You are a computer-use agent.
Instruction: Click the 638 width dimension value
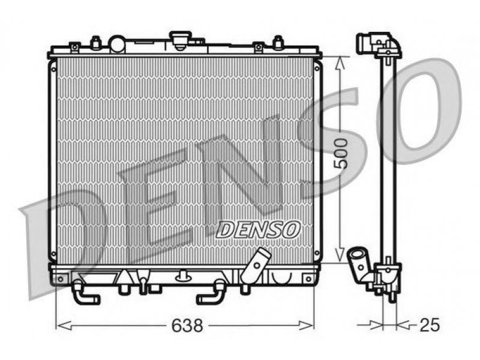187,325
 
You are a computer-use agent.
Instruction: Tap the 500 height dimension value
341,154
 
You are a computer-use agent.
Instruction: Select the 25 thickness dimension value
429,325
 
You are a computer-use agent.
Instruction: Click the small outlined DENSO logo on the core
258,230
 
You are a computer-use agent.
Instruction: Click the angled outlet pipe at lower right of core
256,266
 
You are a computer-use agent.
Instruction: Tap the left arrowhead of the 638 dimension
64,325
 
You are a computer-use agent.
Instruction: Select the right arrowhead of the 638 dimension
306,325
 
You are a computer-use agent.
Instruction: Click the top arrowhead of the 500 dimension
340,64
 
